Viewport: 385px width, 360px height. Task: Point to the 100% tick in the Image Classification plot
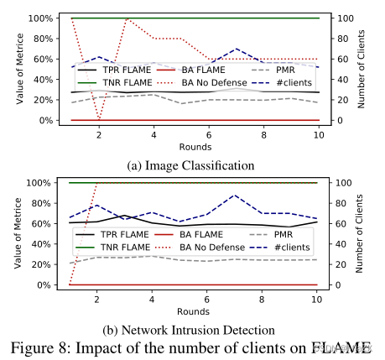[43, 18]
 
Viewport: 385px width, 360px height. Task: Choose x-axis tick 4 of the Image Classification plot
[153, 134]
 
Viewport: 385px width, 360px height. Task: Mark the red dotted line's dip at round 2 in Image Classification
[99, 120]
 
